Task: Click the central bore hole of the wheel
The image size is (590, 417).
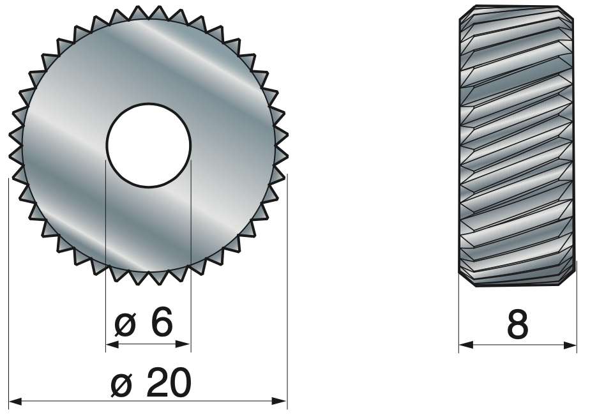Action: click(149, 145)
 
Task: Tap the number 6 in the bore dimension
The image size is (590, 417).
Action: click(162, 321)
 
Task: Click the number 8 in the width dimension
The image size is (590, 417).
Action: click(518, 324)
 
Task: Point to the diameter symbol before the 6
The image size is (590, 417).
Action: click(125, 325)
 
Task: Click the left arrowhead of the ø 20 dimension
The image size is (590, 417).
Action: click(15, 402)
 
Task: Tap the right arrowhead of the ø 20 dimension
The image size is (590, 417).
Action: click(280, 402)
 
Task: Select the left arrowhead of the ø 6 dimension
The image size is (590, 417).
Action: click(113, 344)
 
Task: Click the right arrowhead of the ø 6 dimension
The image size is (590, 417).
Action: click(184, 344)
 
